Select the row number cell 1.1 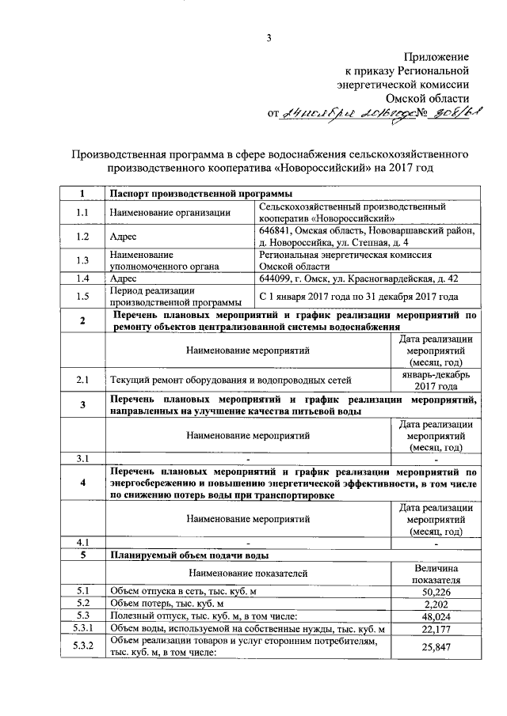[x=82, y=211]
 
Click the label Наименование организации [x=158, y=211]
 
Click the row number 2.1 [x=82, y=380]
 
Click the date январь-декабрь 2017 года [x=436, y=380]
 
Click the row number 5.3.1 [x=82, y=629]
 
